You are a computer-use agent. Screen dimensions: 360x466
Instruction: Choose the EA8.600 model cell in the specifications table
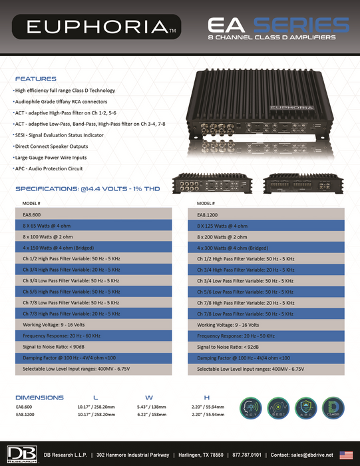(x=33, y=214)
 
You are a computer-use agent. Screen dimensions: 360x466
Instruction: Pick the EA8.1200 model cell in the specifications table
(x=209, y=214)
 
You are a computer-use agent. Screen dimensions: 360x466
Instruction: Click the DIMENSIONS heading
(x=39, y=397)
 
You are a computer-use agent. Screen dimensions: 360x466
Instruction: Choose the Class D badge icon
(x=335, y=407)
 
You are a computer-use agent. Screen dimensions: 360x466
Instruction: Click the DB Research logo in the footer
(x=19, y=454)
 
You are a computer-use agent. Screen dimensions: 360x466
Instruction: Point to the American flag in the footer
(x=345, y=454)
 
